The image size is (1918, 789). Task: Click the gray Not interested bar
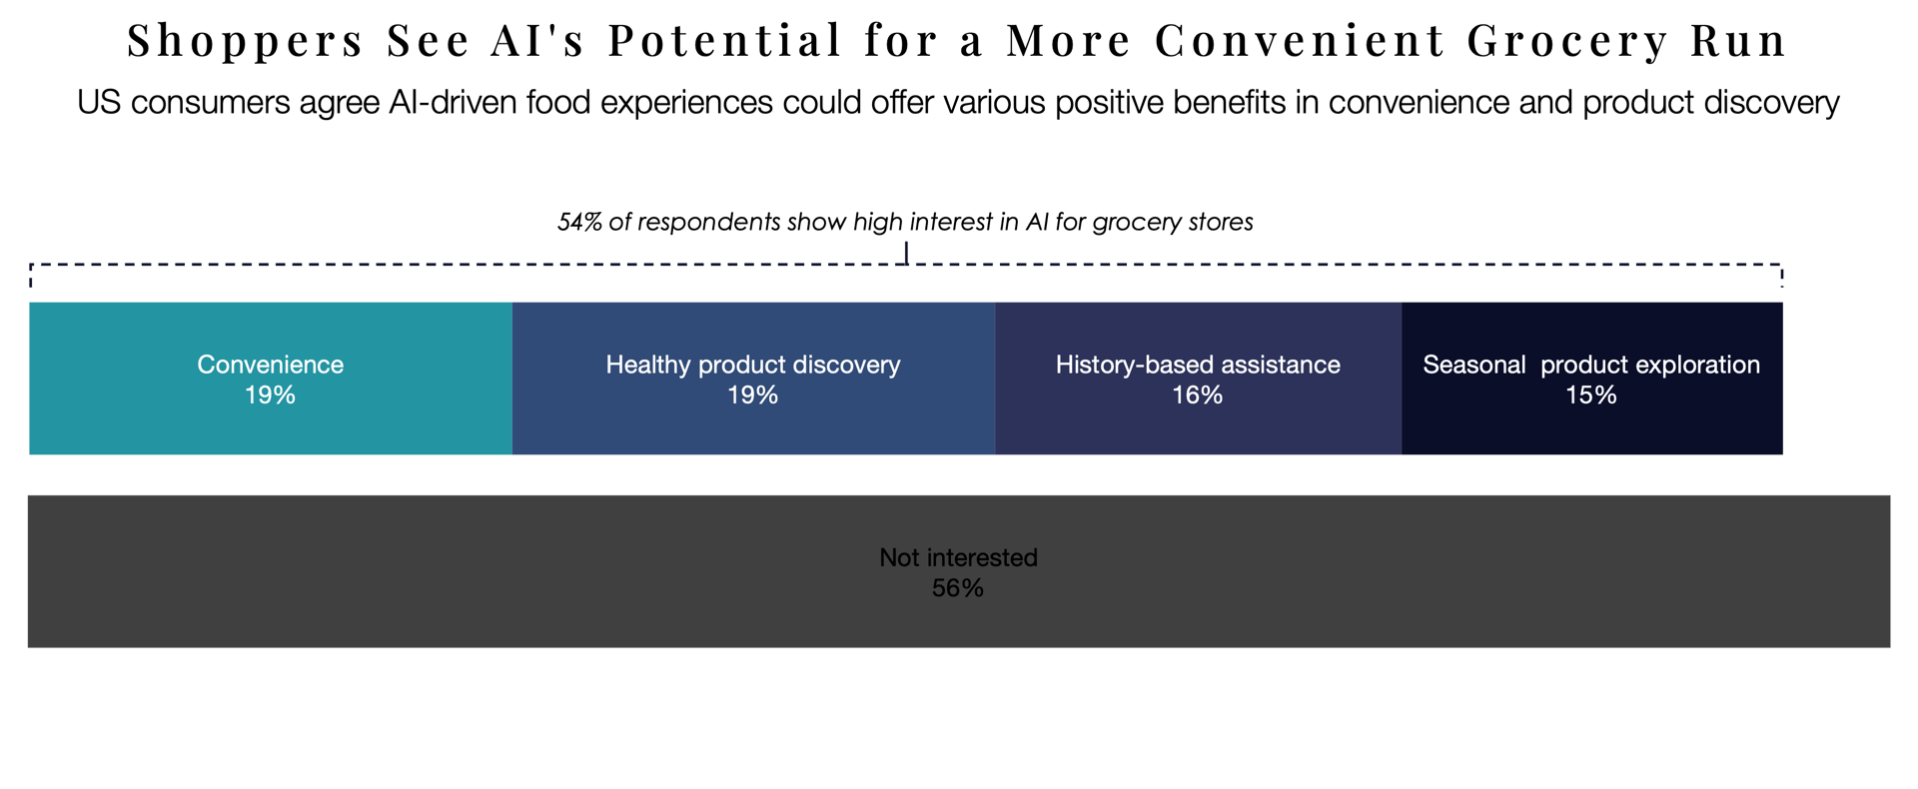958,619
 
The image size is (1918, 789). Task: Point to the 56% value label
958,588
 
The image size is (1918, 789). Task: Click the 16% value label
1197,395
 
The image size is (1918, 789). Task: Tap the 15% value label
1590,395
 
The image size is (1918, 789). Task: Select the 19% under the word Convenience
270,395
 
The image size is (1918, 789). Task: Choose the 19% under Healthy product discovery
752,395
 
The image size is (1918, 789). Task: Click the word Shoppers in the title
245,42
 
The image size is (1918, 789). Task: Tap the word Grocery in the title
1567,42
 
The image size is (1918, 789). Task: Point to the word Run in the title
1738,42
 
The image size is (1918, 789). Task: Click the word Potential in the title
724,42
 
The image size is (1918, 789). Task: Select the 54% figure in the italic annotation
579,222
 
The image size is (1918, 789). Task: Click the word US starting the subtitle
99,103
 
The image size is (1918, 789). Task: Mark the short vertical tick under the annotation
906,253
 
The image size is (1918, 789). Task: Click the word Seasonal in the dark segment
1473,365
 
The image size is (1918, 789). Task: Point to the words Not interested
958,557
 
